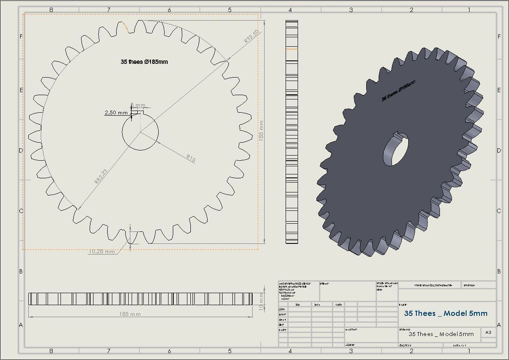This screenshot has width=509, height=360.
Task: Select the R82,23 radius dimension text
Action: pos(101,176)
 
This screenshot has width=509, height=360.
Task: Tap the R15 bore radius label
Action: pos(191,159)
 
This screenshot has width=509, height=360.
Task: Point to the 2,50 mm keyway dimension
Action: pos(116,113)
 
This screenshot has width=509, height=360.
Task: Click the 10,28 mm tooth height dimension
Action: pos(102,252)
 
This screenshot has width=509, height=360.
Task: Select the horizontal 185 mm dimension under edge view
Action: pos(130,314)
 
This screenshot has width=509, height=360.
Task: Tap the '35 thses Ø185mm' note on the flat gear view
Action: pos(144,62)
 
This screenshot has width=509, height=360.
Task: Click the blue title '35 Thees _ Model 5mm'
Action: pos(446,313)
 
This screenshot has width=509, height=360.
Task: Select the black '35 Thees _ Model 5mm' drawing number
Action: pos(441,334)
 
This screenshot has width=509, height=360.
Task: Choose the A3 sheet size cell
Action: pos(488,333)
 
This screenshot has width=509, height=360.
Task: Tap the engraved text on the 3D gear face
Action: pos(398,90)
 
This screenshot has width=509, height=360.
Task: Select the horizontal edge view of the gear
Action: pos(140,299)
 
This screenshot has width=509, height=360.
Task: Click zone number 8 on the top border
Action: pos(51,10)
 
